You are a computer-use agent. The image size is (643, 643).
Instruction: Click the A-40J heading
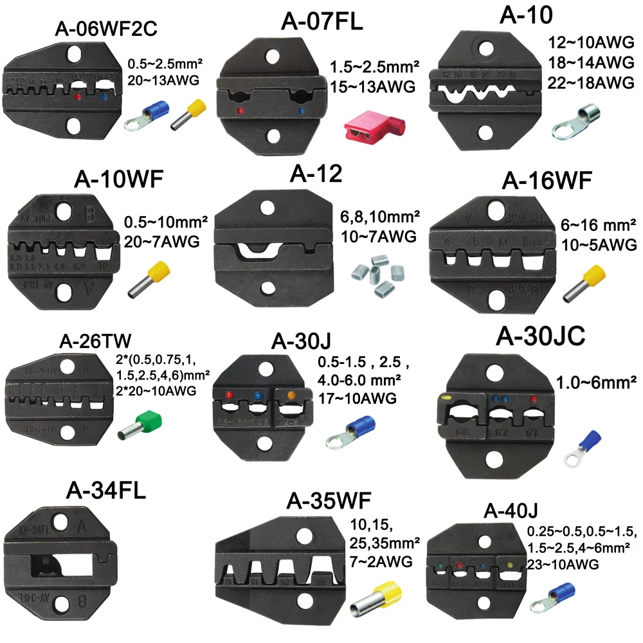pos(511,512)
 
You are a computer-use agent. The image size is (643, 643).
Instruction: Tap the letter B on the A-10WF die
pos(87,213)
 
